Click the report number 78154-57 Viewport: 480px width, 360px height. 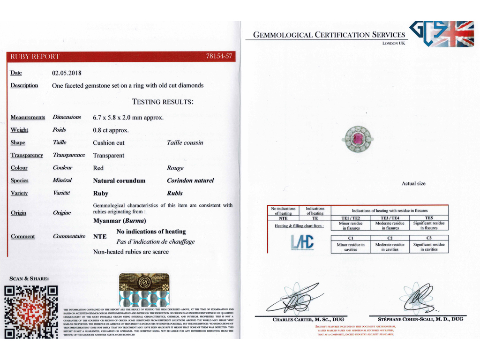[x=219, y=57]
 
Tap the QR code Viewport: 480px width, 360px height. [x=31, y=311]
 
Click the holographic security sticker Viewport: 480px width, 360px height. [x=144, y=290]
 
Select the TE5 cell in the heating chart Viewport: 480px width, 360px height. [x=429, y=218]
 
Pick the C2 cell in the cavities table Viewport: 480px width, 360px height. [x=390, y=239]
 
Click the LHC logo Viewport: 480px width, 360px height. [x=302, y=242]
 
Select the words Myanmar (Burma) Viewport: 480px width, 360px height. [x=120, y=221]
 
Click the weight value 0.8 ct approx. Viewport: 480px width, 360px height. [x=111, y=130]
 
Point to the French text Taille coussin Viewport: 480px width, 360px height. [x=185, y=142]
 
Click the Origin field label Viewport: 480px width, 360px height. [x=19, y=213]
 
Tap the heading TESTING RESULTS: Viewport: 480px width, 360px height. [x=163, y=102]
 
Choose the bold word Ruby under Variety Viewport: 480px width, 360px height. [x=101, y=193]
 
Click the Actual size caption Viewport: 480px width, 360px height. [x=413, y=183]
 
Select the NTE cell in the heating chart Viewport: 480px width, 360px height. [x=283, y=218]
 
